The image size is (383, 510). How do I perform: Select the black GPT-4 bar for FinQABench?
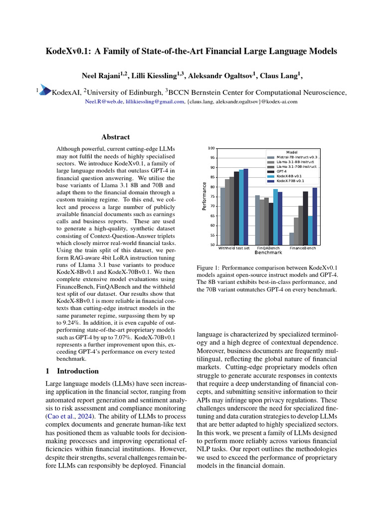point(271,224)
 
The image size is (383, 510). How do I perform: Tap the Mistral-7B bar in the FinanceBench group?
point(291,239)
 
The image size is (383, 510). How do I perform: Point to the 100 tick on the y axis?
point(211,148)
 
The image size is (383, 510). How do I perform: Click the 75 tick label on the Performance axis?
point(212,197)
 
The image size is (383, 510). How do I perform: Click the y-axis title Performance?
point(204,196)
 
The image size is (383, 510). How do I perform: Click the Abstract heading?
point(116,137)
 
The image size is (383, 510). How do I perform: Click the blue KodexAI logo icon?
point(45,90)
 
